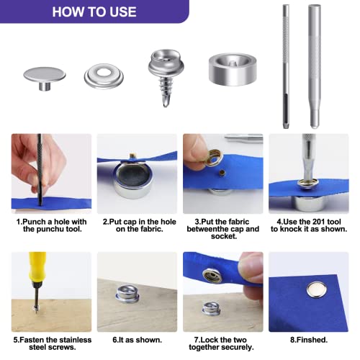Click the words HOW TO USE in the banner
tap(94, 12)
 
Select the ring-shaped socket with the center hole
tap(104, 76)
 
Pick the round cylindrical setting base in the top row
tap(233, 69)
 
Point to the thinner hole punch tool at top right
tap(286, 66)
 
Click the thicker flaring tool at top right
tap(315, 66)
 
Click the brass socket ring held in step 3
tap(214, 157)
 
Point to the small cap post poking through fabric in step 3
tap(222, 172)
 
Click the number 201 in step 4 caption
tap(319, 222)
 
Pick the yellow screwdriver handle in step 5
tap(37, 267)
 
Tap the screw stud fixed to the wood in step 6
tap(127, 294)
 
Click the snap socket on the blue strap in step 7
tap(212, 276)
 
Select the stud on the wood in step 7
tap(211, 308)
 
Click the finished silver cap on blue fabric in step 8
tap(317, 290)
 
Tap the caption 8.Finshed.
tap(309, 340)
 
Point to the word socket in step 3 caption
tap(224, 236)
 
